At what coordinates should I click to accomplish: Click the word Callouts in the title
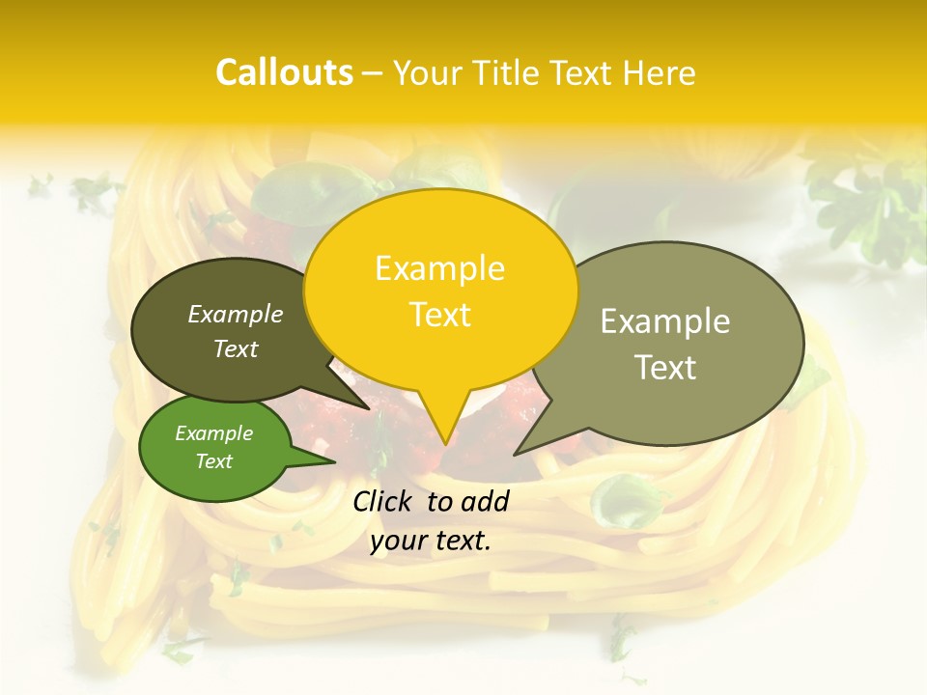coord(284,72)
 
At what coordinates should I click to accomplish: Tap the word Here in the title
coord(659,72)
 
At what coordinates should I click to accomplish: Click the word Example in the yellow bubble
coord(439,268)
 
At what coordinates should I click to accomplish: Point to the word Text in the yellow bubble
coord(439,314)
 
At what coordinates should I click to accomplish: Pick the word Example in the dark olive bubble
coord(236,314)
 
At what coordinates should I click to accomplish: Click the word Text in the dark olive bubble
coord(236,348)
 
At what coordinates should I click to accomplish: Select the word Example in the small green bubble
coord(213,433)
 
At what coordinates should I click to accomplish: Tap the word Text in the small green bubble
coord(213,461)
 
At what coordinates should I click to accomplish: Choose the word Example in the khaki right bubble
coord(665,321)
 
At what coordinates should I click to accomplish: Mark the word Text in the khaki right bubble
coord(665,367)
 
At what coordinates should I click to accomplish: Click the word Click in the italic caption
coord(383,501)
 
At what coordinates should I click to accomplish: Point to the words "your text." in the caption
coord(431,541)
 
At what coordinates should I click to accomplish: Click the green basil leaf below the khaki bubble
coord(618,502)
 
